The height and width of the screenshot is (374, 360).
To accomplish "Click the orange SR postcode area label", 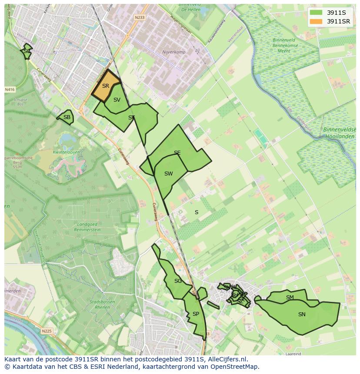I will [106, 86].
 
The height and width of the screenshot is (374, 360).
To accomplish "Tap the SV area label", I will [117, 100].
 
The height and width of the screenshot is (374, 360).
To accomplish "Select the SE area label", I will [177, 153].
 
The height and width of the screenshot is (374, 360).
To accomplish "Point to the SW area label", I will [168, 174].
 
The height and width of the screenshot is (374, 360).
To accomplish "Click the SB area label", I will [67, 117].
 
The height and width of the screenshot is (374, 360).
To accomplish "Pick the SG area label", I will [178, 281].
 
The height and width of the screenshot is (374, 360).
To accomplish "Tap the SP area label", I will [196, 314].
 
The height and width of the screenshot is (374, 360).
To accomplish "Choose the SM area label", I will [290, 298].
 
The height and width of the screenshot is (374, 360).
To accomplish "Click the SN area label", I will [302, 314].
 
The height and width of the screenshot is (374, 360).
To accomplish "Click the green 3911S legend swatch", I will [317, 13].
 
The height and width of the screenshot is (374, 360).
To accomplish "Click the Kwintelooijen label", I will [66, 152].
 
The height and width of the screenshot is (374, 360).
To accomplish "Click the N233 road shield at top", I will [139, 18].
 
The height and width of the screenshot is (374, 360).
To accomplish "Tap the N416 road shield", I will [10, 89].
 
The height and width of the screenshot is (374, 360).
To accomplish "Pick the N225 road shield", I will [47, 331].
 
